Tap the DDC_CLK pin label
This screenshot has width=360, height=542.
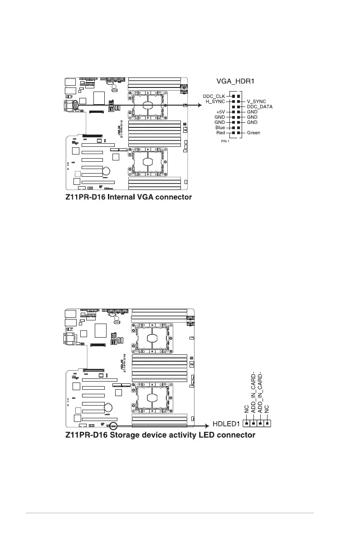(214, 96)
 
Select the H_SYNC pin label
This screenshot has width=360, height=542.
(215, 101)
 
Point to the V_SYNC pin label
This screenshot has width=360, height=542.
(256, 101)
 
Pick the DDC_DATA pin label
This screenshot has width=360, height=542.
(259, 106)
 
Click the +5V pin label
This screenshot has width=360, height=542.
(220, 111)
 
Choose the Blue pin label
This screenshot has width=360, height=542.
(220, 128)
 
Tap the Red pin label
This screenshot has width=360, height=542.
(220, 133)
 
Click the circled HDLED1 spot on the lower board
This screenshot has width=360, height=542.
(113, 426)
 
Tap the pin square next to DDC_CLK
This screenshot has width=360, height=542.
(233, 96)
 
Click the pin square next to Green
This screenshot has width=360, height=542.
(238, 133)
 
